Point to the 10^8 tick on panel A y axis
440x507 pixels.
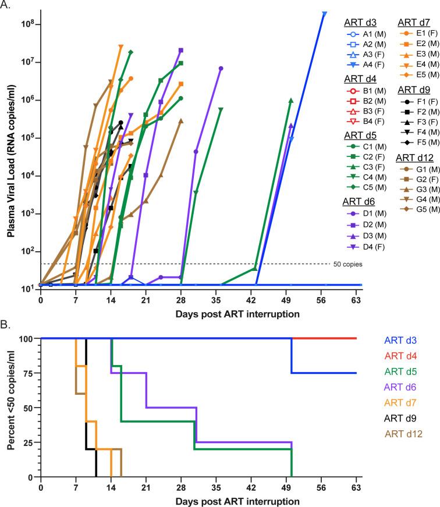(29, 24)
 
